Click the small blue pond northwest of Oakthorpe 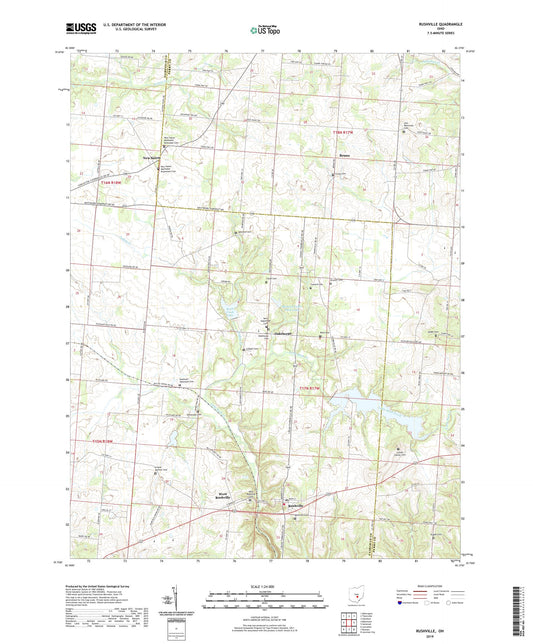coord(230,311)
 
